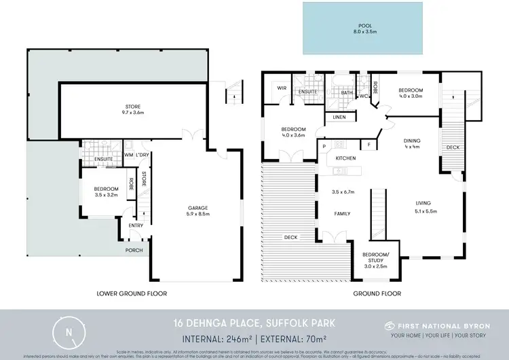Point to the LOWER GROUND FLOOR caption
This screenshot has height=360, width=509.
click(x=132, y=293)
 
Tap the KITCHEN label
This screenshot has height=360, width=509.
click(x=345, y=158)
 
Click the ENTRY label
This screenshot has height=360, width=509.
click(x=136, y=226)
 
